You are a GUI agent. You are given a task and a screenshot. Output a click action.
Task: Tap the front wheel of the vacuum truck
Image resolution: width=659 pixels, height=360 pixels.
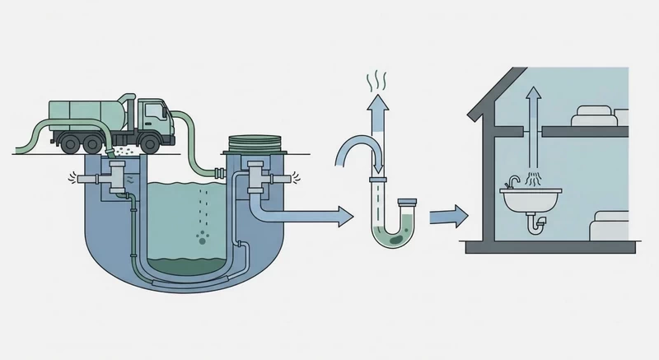(149, 144)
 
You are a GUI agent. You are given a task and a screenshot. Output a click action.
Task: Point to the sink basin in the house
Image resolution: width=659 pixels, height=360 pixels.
(531, 199)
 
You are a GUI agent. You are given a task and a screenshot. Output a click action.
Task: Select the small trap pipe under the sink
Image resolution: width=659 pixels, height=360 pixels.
(537, 222)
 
